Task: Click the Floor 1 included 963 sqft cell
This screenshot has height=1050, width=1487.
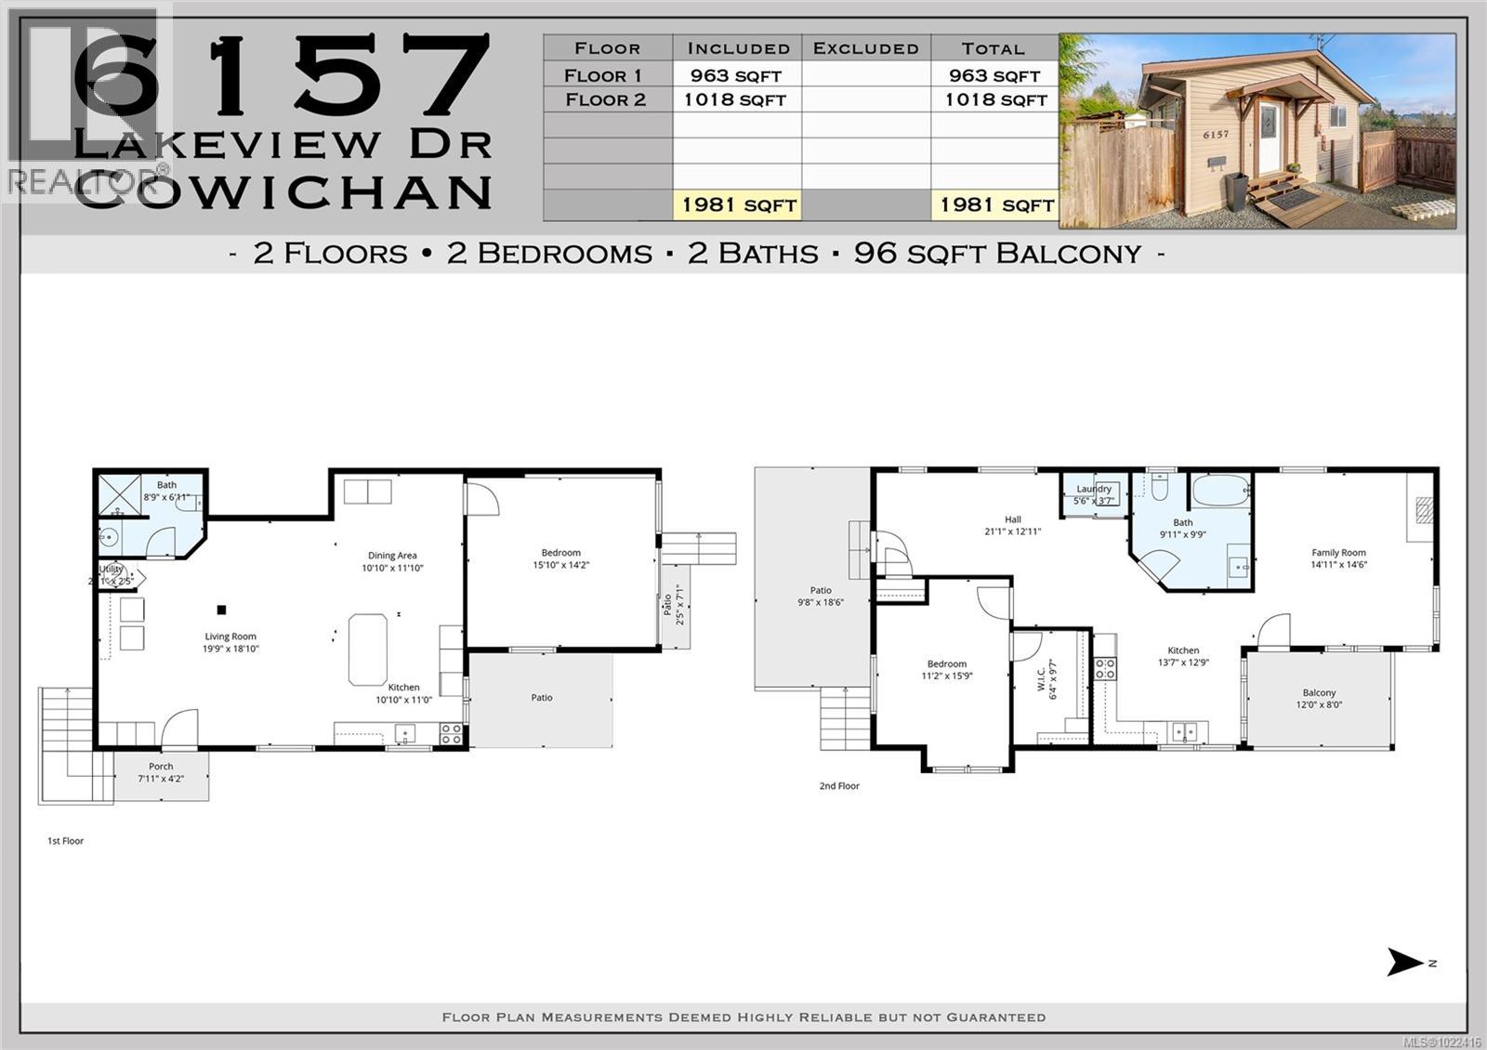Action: [736, 75]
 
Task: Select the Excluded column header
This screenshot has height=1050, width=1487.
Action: [865, 48]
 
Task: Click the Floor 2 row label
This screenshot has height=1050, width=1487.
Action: [606, 100]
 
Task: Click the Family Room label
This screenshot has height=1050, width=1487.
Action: [1338, 558]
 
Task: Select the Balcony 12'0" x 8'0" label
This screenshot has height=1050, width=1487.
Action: [1319, 699]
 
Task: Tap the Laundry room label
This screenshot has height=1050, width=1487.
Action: [1094, 494]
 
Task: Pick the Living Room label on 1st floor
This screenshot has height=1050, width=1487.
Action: [230, 642]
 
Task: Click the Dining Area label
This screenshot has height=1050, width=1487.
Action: [392, 561]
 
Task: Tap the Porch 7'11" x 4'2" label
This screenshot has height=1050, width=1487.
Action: [161, 772]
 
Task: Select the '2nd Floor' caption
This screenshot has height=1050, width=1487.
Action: [839, 786]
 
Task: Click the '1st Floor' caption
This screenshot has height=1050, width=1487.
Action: [65, 841]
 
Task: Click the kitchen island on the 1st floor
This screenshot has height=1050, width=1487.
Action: [368, 649]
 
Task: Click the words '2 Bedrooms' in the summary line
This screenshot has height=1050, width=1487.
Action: [549, 254]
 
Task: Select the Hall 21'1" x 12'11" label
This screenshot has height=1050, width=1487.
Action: [1013, 526]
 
